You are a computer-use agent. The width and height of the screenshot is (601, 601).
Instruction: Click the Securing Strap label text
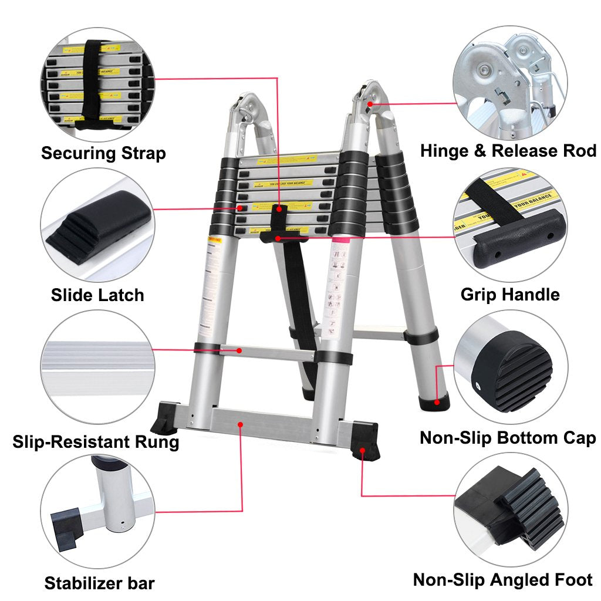[x=103, y=154]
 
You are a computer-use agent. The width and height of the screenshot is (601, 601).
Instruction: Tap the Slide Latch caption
[x=97, y=295]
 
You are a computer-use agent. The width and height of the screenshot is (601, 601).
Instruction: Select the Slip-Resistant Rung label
[x=96, y=441]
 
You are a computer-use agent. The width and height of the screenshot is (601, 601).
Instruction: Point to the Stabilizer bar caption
[x=100, y=583]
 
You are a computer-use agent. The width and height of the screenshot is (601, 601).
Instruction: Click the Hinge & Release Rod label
[x=508, y=151]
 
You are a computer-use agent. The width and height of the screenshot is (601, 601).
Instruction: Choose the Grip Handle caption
[x=509, y=294]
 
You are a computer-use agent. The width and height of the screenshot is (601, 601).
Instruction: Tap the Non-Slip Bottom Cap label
[x=508, y=438]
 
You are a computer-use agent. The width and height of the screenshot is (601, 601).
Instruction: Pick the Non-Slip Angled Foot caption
[x=503, y=580]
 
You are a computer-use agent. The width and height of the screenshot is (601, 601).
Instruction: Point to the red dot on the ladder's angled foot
[x=362, y=451]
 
